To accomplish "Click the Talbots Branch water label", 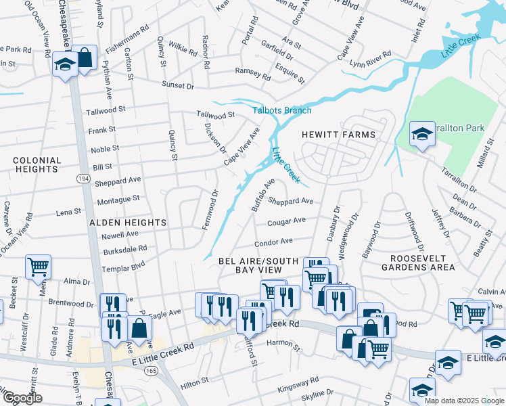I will pyautogui.click(x=282, y=110).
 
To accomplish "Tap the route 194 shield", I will pyautogui.click(x=83, y=178).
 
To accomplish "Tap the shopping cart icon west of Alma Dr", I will pyautogui.click(x=38, y=265).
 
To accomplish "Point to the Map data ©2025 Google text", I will pyautogui.click(x=464, y=401).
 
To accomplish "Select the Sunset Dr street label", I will pyautogui.click(x=177, y=87).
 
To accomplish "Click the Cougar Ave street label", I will pyautogui.click(x=286, y=221).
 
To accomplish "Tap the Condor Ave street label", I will pyautogui.click(x=273, y=242).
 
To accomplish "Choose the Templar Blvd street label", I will pyautogui.click(x=124, y=260).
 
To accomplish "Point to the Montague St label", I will pyautogui.click(x=118, y=199).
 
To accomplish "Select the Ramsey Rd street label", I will pyautogui.click(x=252, y=71).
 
